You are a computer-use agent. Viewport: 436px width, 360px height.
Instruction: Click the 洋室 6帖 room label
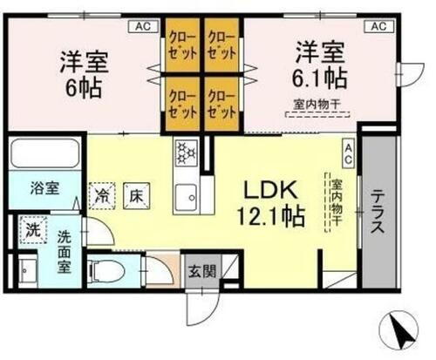pyautogui.click(x=82, y=75)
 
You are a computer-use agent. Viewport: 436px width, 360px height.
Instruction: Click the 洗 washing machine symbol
pyautogui.click(x=31, y=232)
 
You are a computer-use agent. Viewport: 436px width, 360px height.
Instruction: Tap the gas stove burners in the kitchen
pyautogui.click(x=186, y=153)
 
